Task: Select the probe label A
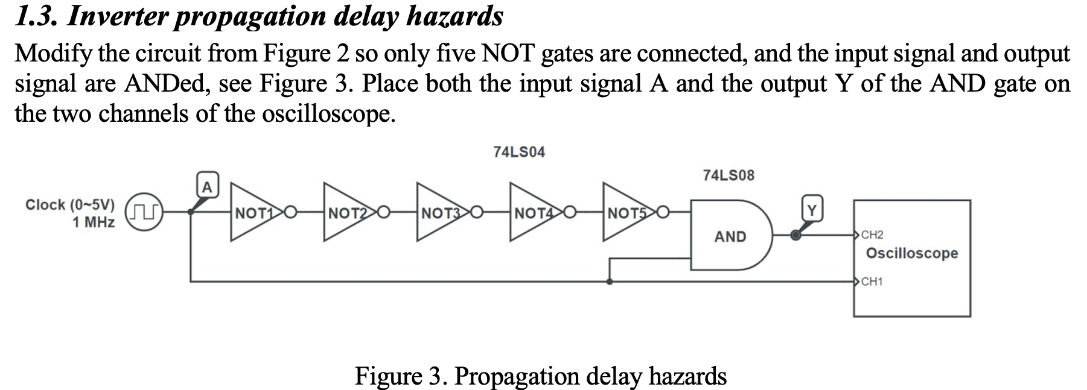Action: pos(206,187)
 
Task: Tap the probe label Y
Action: pos(812,210)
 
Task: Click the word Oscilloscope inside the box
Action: pos(911,253)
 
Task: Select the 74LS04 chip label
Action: pos(518,153)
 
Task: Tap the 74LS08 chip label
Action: pos(728,175)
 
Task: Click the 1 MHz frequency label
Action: pos(94,222)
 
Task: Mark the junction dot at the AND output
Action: pos(796,236)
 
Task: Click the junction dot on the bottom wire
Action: pos(610,281)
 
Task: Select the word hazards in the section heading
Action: pos(454,16)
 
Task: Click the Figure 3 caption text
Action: pos(540,376)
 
